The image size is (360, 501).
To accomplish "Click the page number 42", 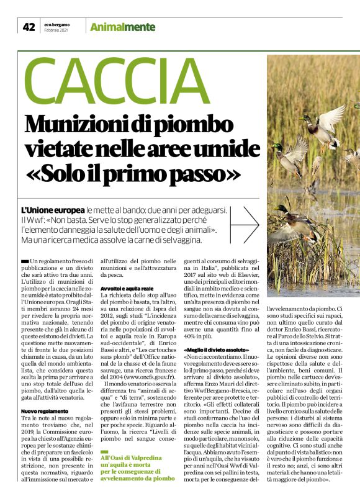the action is coord(29,27).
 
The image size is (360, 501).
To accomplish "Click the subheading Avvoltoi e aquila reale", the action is coord(127,289).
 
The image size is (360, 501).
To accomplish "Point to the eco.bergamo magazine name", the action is coord(58,23).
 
